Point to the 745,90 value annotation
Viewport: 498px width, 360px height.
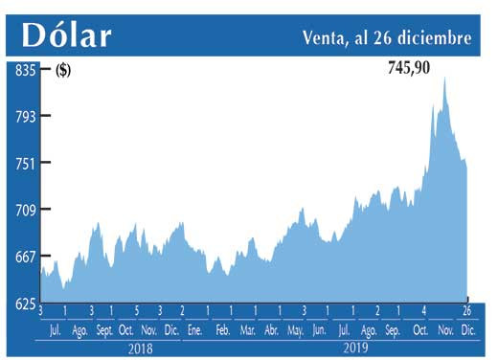pos(415,68)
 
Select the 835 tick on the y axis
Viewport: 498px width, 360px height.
pos(24,70)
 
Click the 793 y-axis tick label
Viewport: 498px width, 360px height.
pos(24,117)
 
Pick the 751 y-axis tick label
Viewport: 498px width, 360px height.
pos(24,164)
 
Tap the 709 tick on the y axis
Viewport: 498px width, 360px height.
pos(24,210)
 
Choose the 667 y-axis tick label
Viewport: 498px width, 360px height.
pos(24,257)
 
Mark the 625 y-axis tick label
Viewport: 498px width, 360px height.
pos(24,304)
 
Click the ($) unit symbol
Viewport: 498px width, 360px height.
pos(63,70)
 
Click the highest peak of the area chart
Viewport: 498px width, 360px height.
pos(443,78)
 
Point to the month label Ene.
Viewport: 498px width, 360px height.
pos(194,330)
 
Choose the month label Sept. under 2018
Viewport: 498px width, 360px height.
pos(104,330)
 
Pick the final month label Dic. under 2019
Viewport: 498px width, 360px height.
pos(467,330)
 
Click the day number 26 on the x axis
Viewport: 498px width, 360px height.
pos(466,311)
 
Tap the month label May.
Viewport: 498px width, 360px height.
pos(295,330)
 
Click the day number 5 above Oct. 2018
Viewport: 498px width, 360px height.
pos(136,311)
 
